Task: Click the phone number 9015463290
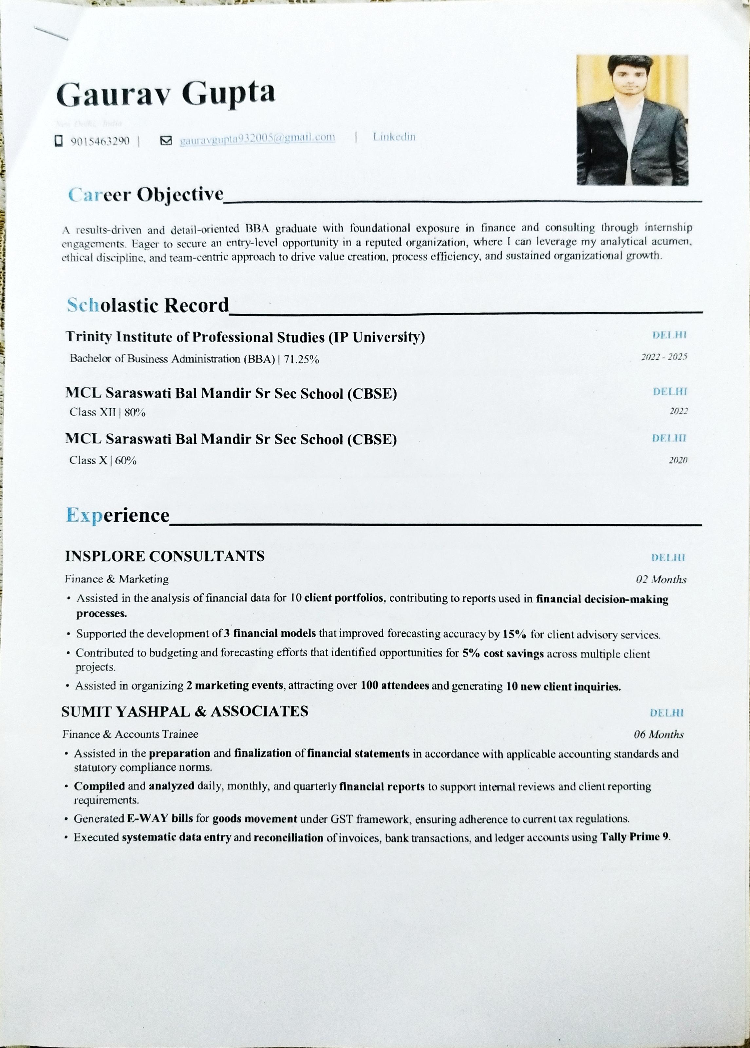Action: click(x=100, y=141)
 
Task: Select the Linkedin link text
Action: click(x=394, y=137)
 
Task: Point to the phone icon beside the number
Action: click(x=59, y=140)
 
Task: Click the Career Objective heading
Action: click(x=146, y=195)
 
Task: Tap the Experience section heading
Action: click(x=118, y=515)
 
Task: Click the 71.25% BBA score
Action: click(x=301, y=359)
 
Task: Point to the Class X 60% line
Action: click(x=103, y=460)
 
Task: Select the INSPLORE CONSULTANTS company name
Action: click(x=165, y=556)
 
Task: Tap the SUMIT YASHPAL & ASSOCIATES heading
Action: click(x=185, y=711)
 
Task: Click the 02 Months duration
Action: click(x=661, y=579)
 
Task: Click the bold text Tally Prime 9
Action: click(x=634, y=837)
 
